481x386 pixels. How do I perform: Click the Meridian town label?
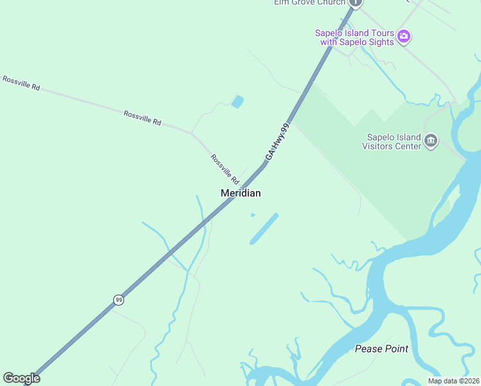pyautogui.click(x=240, y=193)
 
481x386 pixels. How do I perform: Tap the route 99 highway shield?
pyautogui.click(x=118, y=300)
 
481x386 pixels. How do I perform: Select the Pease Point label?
pyautogui.click(x=381, y=349)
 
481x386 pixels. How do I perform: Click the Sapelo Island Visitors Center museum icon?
pyautogui.click(x=431, y=140)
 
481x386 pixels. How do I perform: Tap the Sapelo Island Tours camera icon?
pyautogui.click(x=404, y=35)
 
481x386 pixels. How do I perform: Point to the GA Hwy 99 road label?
pyautogui.click(x=278, y=142)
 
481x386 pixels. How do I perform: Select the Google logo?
pyautogui.click(x=21, y=378)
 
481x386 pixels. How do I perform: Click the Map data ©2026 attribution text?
pyautogui.click(x=453, y=381)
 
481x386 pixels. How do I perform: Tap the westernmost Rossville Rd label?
pyautogui.click(x=21, y=83)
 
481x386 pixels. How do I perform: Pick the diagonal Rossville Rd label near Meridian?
pyautogui.click(x=224, y=169)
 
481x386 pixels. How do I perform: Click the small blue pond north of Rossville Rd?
pyautogui.click(x=237, y=102)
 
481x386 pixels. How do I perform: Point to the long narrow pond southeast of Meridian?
pyautogui.click(x=264, y=229)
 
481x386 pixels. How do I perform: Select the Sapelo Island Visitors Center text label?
pyautogui.click(x=394, y=142)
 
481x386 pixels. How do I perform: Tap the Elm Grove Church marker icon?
pyautogui.click(x=356, y=3)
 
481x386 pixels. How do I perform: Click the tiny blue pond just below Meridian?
pyautogui.click(x=253, y=215)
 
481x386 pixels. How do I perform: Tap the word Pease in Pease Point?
pyautogui.click(x=368, y=349)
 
